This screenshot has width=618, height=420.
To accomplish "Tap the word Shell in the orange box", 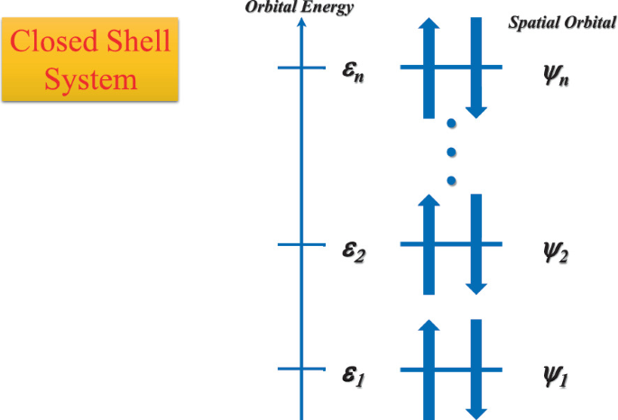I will click(134, 42).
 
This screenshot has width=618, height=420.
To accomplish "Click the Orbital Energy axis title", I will click(301, 8).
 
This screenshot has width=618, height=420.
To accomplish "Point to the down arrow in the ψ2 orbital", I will click(476, 248).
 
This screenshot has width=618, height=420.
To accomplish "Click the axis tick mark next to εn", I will click(301, 68).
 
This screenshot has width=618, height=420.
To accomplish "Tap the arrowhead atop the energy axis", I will click(301, 23).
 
